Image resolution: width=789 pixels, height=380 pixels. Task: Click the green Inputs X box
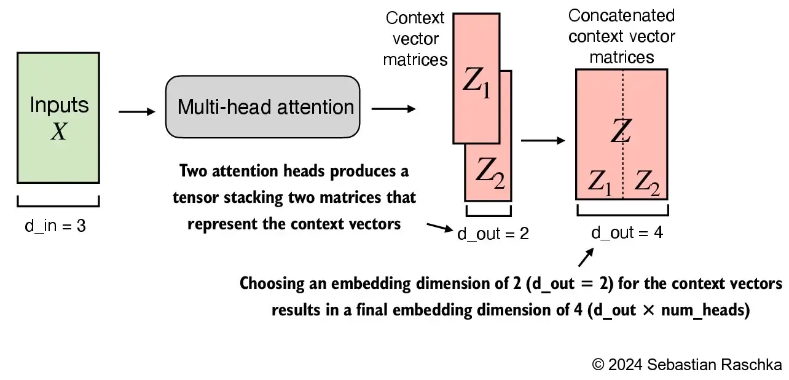(58, 117)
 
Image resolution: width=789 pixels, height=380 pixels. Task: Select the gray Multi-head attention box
(262, 107)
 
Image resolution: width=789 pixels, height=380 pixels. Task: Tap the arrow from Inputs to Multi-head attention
(136, 112)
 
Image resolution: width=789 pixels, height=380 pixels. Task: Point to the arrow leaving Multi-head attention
(393, 109)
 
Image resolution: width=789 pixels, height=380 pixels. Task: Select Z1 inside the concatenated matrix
(600, 181)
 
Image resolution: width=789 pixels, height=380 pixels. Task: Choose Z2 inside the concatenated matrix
(646, 181)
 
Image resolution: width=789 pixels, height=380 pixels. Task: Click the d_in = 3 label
(55, 226)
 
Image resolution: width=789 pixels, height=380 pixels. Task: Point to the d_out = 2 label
(493, 234)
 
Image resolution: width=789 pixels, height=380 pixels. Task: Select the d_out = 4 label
(626, 233)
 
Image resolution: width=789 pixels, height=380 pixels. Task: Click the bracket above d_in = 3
(58, 202)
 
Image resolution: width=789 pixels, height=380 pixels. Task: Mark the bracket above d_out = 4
(622, 212)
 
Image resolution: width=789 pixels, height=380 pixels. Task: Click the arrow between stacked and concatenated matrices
(543, 141)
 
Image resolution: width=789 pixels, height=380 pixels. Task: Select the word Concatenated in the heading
(621, 15)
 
